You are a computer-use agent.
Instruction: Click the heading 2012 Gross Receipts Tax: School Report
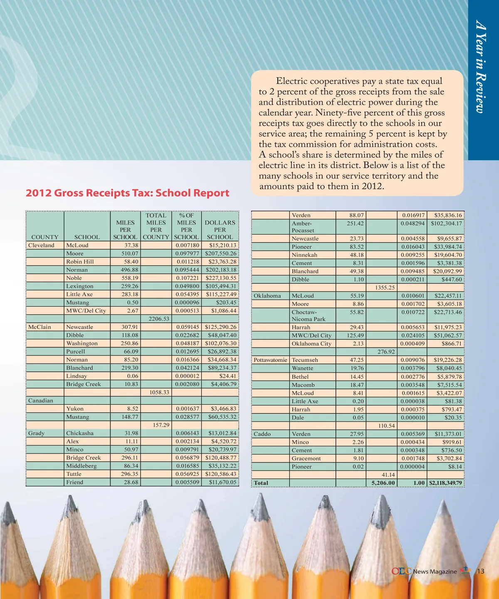click(127, 193)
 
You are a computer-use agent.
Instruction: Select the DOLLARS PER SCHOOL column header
click(220, 230)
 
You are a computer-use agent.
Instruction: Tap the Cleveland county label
click(41, 245)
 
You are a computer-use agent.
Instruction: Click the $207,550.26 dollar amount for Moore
click(220, 253)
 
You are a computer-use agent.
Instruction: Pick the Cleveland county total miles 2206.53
click(159, 319)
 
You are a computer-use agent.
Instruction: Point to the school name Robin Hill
click(80, 262)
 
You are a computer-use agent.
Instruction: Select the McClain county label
click(40, 327)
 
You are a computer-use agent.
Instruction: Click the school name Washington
click(82, 344)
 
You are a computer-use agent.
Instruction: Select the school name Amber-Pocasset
click(303, 227)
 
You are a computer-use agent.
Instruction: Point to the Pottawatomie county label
click(270, 360)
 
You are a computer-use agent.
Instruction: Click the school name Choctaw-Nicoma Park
click(308, 316)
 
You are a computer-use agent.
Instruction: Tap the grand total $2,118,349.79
click(445, 483)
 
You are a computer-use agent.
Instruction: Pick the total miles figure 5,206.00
click(383, 483)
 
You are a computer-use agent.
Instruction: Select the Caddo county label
click(262, 434)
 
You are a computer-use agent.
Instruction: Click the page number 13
click(480, 571)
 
